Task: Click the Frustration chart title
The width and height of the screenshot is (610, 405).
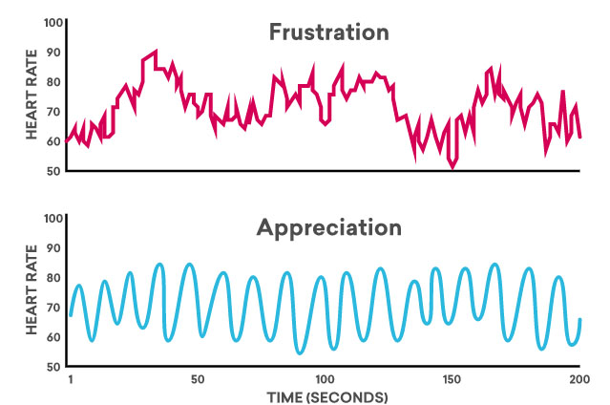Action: (x=327, y=32)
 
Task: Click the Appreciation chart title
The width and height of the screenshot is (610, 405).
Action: (x=328, y=228)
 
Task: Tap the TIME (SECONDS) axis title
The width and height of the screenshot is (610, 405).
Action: (x=326, y=396)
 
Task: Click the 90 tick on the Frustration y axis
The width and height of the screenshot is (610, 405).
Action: (x=54, y=53)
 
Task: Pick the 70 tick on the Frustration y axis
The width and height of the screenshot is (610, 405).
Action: (x=54, y=112)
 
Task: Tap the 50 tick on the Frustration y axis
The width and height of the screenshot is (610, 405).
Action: (x=54, y=171)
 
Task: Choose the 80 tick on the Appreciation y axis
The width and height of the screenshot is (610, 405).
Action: (x=54, y=278)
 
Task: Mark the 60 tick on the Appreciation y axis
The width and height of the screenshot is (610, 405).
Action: (x=54, y=337)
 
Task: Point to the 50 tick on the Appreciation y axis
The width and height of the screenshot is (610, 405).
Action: (x=54, y=367)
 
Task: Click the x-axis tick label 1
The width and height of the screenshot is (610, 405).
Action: (x=71, y=380)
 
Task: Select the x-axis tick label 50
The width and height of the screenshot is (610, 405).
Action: (x=198, y=380)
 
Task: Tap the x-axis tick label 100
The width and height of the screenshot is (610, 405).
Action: (x=326, y=380)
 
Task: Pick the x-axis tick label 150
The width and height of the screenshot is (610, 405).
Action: (x=452, y=380)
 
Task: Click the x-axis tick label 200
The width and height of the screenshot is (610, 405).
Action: (x=578, y=380)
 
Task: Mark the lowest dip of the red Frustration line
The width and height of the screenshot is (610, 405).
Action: (x=452, y=167)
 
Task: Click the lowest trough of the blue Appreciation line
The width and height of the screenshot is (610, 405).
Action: (x=300, y=353)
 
